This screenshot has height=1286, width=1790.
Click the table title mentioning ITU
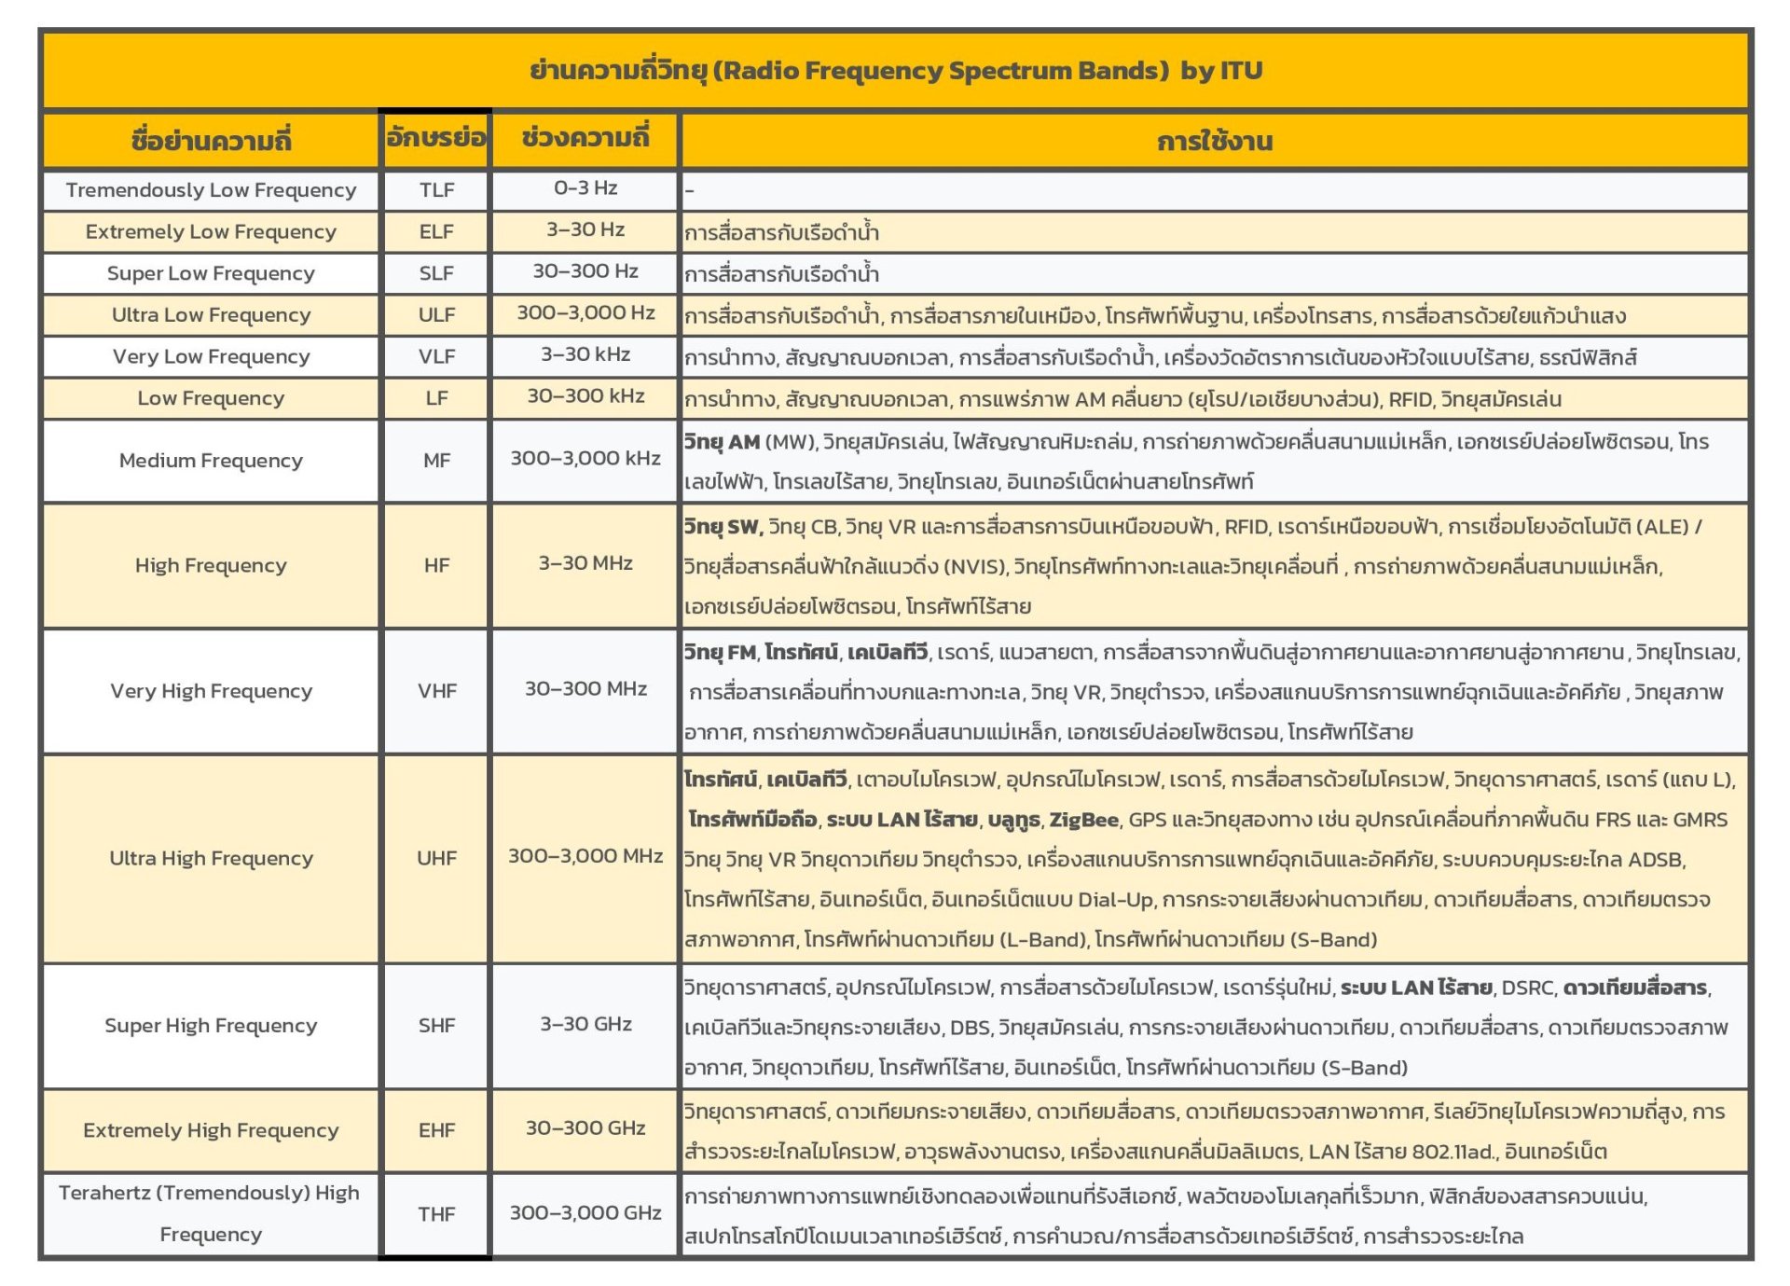tap(895, 71)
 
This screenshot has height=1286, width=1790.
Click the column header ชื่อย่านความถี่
tap(211, 141)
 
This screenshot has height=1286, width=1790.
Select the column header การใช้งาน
tap(1214, 142)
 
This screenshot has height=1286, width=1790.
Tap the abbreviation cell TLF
tap(436, 190)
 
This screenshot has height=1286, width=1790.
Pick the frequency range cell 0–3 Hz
tap(585, 188)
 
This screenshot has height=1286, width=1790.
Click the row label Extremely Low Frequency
tap(211, 231)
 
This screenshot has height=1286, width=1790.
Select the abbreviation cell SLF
tap(436, 273)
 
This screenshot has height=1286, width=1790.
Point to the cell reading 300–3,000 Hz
tap(585, 313)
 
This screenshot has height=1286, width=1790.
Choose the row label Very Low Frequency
tap(211, 356)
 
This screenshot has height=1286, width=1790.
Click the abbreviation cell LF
tap(436, 398)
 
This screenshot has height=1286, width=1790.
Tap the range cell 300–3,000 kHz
tap(585, 459)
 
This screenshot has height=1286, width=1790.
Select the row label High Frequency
tap(211, 565)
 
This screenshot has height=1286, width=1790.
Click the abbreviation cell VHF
tap(436, 691)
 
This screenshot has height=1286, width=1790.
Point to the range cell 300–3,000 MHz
tap(585, 856)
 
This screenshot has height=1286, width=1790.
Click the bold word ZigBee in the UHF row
tap(1083, 820)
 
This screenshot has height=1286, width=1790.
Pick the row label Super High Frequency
tap(211, 1026)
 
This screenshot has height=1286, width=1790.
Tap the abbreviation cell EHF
tap(436, 1130)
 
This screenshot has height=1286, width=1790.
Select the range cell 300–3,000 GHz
tap(585, 1213)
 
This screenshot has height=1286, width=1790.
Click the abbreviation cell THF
tap(436, 1214)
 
